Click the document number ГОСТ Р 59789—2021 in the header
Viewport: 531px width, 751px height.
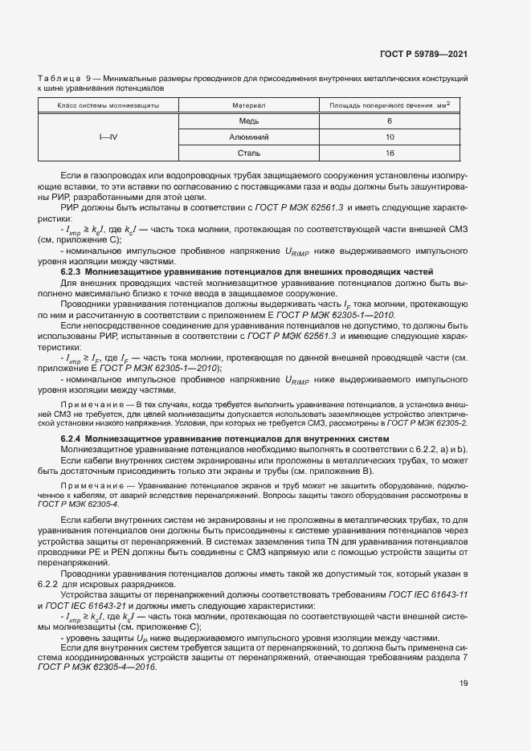point(423,54)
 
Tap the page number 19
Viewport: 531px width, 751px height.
point(464,684)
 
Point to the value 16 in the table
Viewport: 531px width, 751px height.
point(390,153)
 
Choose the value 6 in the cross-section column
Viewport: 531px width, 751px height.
point(390,120)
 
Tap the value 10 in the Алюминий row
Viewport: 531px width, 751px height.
point(390,137)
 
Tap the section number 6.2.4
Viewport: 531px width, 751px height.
point(74,439)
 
